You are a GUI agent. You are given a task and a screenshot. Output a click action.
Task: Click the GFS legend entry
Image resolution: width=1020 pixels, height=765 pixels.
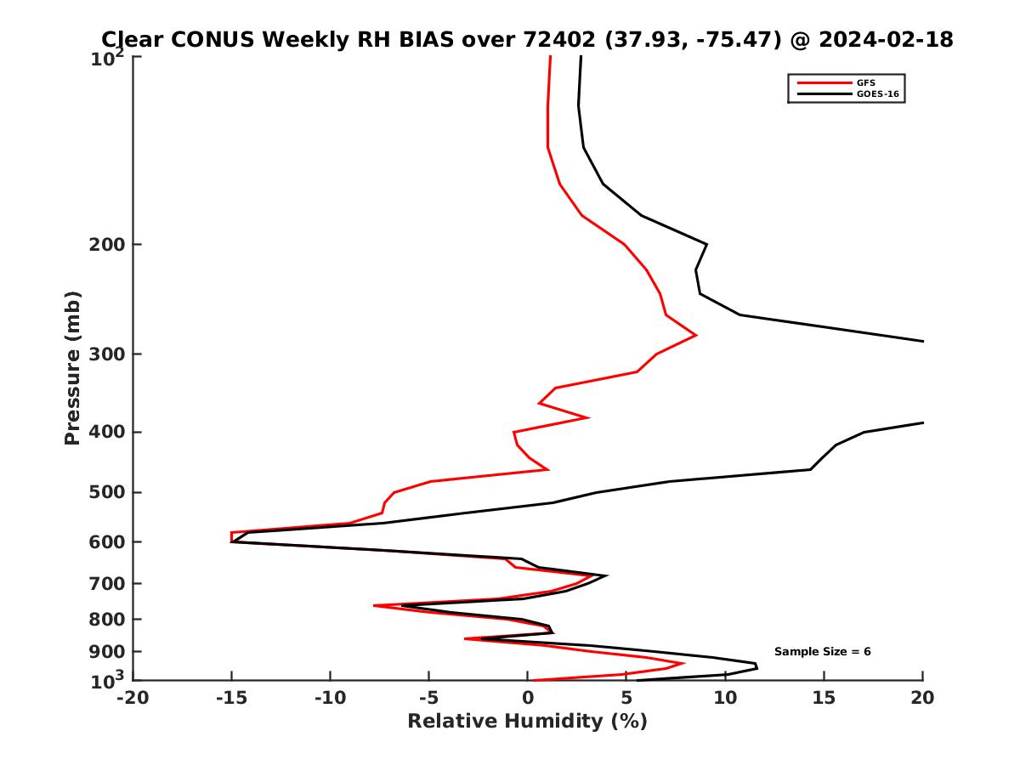point(867,82)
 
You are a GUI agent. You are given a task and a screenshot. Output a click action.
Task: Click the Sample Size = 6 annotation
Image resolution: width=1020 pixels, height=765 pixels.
point(822,652)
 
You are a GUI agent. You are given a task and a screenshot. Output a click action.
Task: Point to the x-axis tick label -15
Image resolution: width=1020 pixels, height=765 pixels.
point(231,699)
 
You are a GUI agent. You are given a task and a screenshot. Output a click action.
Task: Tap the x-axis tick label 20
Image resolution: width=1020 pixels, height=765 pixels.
point(922,699)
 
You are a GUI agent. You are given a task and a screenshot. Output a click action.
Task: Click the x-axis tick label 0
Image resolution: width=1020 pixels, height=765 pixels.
point(528,699)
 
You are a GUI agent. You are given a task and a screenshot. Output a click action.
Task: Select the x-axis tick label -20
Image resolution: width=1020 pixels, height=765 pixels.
point(133,699)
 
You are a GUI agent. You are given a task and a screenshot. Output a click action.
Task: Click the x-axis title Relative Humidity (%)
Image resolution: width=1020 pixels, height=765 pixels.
point(527,722)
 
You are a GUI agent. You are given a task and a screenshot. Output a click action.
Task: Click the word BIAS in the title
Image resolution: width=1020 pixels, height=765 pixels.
point(431,39)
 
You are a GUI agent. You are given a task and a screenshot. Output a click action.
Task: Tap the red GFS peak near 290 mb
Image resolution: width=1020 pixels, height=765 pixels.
point(696,335)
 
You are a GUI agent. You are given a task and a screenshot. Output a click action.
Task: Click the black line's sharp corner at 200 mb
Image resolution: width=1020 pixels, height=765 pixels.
point(706,245)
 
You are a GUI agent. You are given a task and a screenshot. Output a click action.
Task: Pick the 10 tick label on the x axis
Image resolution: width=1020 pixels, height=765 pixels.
point(725,699)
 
